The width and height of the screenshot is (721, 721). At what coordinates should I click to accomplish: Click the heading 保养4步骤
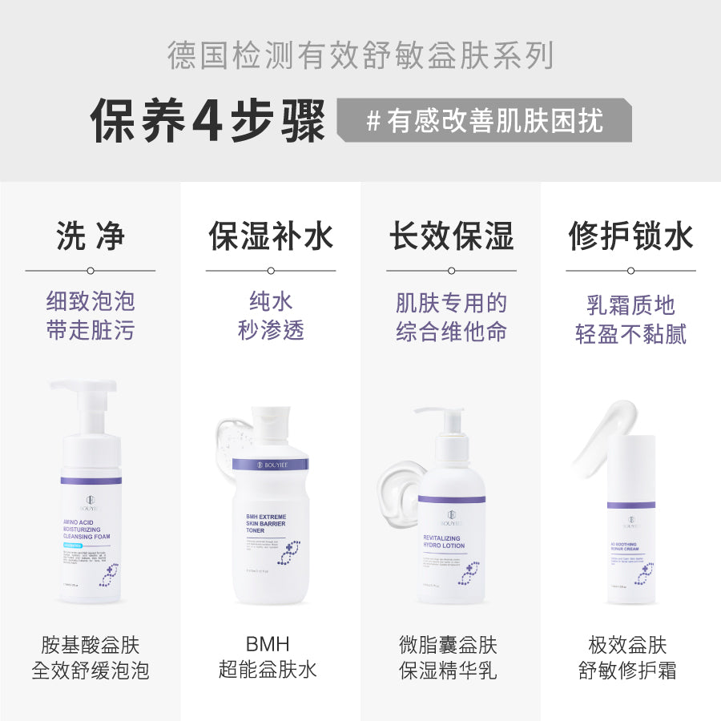(207, 122)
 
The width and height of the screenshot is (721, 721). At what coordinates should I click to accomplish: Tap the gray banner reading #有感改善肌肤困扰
(484, 121)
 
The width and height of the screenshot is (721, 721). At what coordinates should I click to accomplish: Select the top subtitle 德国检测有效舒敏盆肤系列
(360, 56)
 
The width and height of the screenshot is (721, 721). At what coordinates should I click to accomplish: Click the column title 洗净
(90, 236)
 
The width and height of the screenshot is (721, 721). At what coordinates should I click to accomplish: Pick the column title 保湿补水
(271, 236)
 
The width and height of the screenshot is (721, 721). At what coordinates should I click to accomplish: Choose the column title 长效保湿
(451, 236)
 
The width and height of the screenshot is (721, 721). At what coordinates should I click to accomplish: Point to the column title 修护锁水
(631, 236)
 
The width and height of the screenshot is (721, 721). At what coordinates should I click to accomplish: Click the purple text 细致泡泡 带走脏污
(90, 316)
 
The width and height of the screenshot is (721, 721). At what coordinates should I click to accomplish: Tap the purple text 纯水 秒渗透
(271, 316)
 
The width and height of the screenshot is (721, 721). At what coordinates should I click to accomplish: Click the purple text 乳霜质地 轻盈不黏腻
(631, 320)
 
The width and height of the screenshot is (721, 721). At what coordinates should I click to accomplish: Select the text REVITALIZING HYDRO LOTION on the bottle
(444, 541)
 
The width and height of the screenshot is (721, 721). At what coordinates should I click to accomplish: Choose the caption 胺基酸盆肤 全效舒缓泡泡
(90, 658)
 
